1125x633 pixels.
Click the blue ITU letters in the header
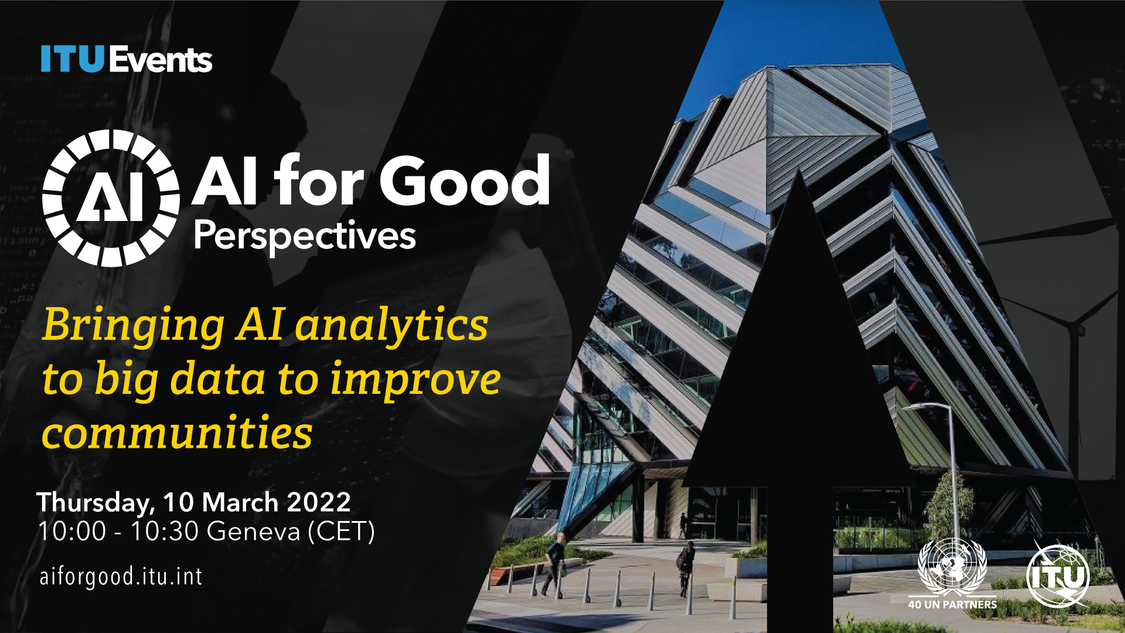tap(73, 59)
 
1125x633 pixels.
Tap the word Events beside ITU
tap(161, 59)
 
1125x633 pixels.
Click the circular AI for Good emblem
tap(111, 198)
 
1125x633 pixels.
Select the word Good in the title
tap(465, 181)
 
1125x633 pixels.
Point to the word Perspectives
tap(305, 237)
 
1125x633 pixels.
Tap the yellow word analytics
tap(391, 325)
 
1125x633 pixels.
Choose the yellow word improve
tap(415, 380)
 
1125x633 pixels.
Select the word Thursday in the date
tap(96, 503)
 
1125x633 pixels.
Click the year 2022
tap(319, 502)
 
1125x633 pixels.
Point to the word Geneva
tap(254, 532)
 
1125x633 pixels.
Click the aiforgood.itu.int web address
tap(121, 577)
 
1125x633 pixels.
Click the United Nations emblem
tap(952, 567)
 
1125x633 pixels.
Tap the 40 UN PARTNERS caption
tap(952, 604)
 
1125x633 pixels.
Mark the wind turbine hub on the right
tap(1077, 328)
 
